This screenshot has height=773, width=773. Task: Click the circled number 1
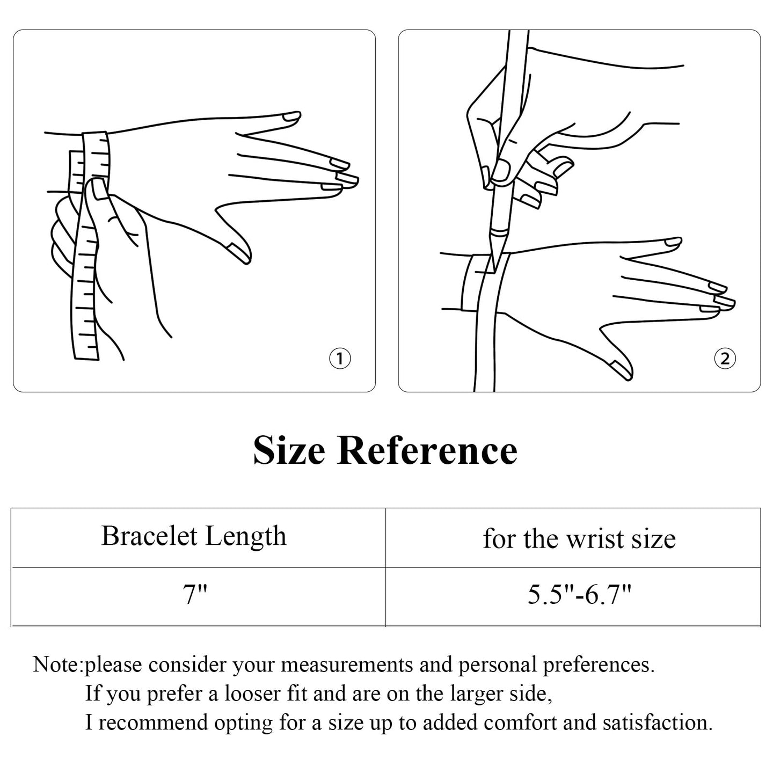click(339, 359)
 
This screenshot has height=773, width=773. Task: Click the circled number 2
click(725, 359)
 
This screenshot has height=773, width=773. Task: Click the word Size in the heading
click(289, 450)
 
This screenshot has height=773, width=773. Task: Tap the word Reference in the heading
click(427, 450)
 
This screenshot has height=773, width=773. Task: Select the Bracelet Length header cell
click(194, 536)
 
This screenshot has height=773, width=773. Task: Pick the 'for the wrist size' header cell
click(579, 538)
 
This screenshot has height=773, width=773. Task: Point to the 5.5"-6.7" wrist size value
click(579, 595)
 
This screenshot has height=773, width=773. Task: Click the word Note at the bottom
click(56, 665)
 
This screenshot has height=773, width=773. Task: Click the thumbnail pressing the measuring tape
click(98, 189)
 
